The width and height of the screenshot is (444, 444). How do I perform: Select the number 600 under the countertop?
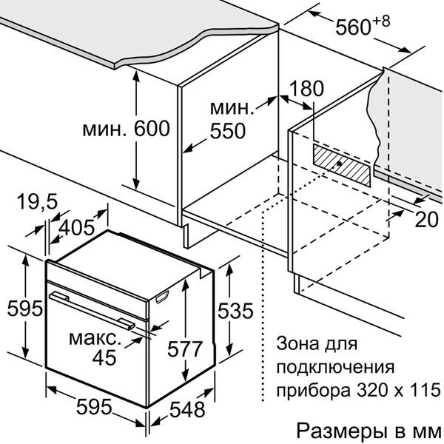[152, 129]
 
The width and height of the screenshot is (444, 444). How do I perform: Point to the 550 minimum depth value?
[228, 131]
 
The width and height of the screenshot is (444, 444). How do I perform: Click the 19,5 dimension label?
[38, 201]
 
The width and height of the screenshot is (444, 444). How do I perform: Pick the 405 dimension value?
[76, 227]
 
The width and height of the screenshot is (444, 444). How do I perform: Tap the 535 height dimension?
[235, 311]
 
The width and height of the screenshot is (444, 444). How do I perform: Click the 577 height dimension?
[185, 349]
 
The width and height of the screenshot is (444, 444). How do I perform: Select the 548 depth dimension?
[187, 409]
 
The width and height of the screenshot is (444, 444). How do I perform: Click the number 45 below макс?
[104, 357]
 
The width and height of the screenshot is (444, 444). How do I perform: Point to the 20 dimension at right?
[427, 220]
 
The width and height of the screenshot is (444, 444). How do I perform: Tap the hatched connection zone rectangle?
[341, 165]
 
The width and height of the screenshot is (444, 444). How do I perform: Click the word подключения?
[335, 367]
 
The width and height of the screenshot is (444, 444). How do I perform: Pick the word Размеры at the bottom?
[342, 431]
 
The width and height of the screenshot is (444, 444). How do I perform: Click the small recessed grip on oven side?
[162, 297]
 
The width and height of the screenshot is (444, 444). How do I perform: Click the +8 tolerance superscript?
[381, 21]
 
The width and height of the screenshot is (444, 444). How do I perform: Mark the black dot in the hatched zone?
[339, 164]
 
